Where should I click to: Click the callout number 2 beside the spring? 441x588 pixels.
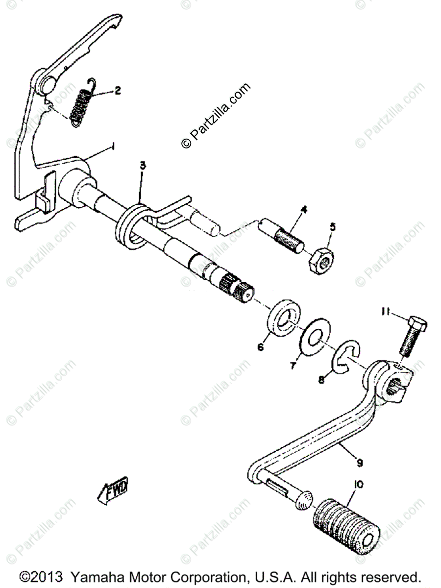117,90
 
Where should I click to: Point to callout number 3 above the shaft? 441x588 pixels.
143,166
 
